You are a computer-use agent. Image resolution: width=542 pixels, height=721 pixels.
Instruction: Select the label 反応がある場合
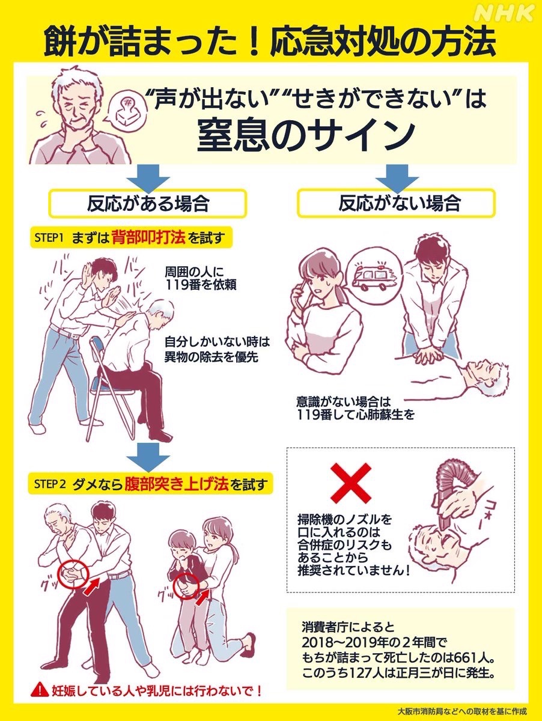148,203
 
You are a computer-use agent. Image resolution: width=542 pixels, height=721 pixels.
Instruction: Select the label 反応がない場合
399,203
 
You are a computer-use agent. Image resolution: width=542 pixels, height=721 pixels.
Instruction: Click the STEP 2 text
49,483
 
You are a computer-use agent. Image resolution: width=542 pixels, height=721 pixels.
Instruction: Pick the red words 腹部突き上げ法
176,483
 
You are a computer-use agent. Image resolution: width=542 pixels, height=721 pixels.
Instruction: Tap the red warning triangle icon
40,689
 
